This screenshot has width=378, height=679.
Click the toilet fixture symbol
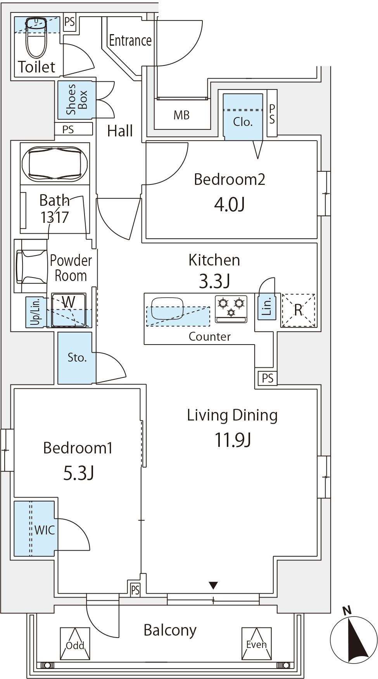37,38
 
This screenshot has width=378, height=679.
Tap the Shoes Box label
77,100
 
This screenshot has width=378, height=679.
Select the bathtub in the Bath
55,164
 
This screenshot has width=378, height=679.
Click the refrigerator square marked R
298,310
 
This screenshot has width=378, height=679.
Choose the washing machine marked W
69,310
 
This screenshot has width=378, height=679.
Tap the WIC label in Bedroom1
45,530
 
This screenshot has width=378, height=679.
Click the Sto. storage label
77,357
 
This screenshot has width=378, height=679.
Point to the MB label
181,115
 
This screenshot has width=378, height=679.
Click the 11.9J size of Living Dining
233,440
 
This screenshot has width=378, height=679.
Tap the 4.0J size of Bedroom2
229,204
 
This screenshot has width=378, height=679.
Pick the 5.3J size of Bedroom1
79,473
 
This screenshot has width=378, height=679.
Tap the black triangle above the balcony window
213,585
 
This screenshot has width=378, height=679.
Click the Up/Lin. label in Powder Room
35,312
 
